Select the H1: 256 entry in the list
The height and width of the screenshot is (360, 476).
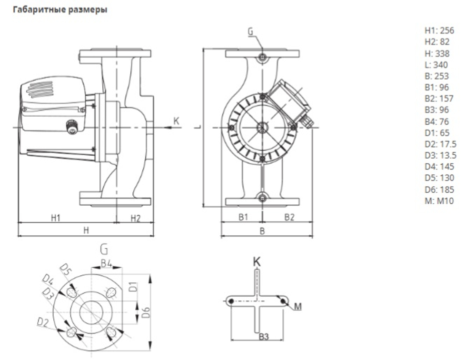pos(439,31)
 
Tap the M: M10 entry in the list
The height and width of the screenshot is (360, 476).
pos(439,201)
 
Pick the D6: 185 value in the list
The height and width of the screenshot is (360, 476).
pos(439,190)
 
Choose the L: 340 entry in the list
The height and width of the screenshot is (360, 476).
pos(436,65)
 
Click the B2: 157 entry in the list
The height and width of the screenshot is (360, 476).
pos(439,99)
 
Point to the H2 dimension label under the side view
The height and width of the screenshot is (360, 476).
pos(135,218)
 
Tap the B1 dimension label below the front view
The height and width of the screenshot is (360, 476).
pos(243,217)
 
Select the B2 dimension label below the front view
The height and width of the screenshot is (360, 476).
pos(289,217)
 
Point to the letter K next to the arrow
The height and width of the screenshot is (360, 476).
pos(176,121)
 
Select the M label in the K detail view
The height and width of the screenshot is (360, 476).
pos(297,306)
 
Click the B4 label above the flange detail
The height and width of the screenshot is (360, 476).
pos(106,263)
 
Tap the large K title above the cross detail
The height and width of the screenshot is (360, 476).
pos(257,261)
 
